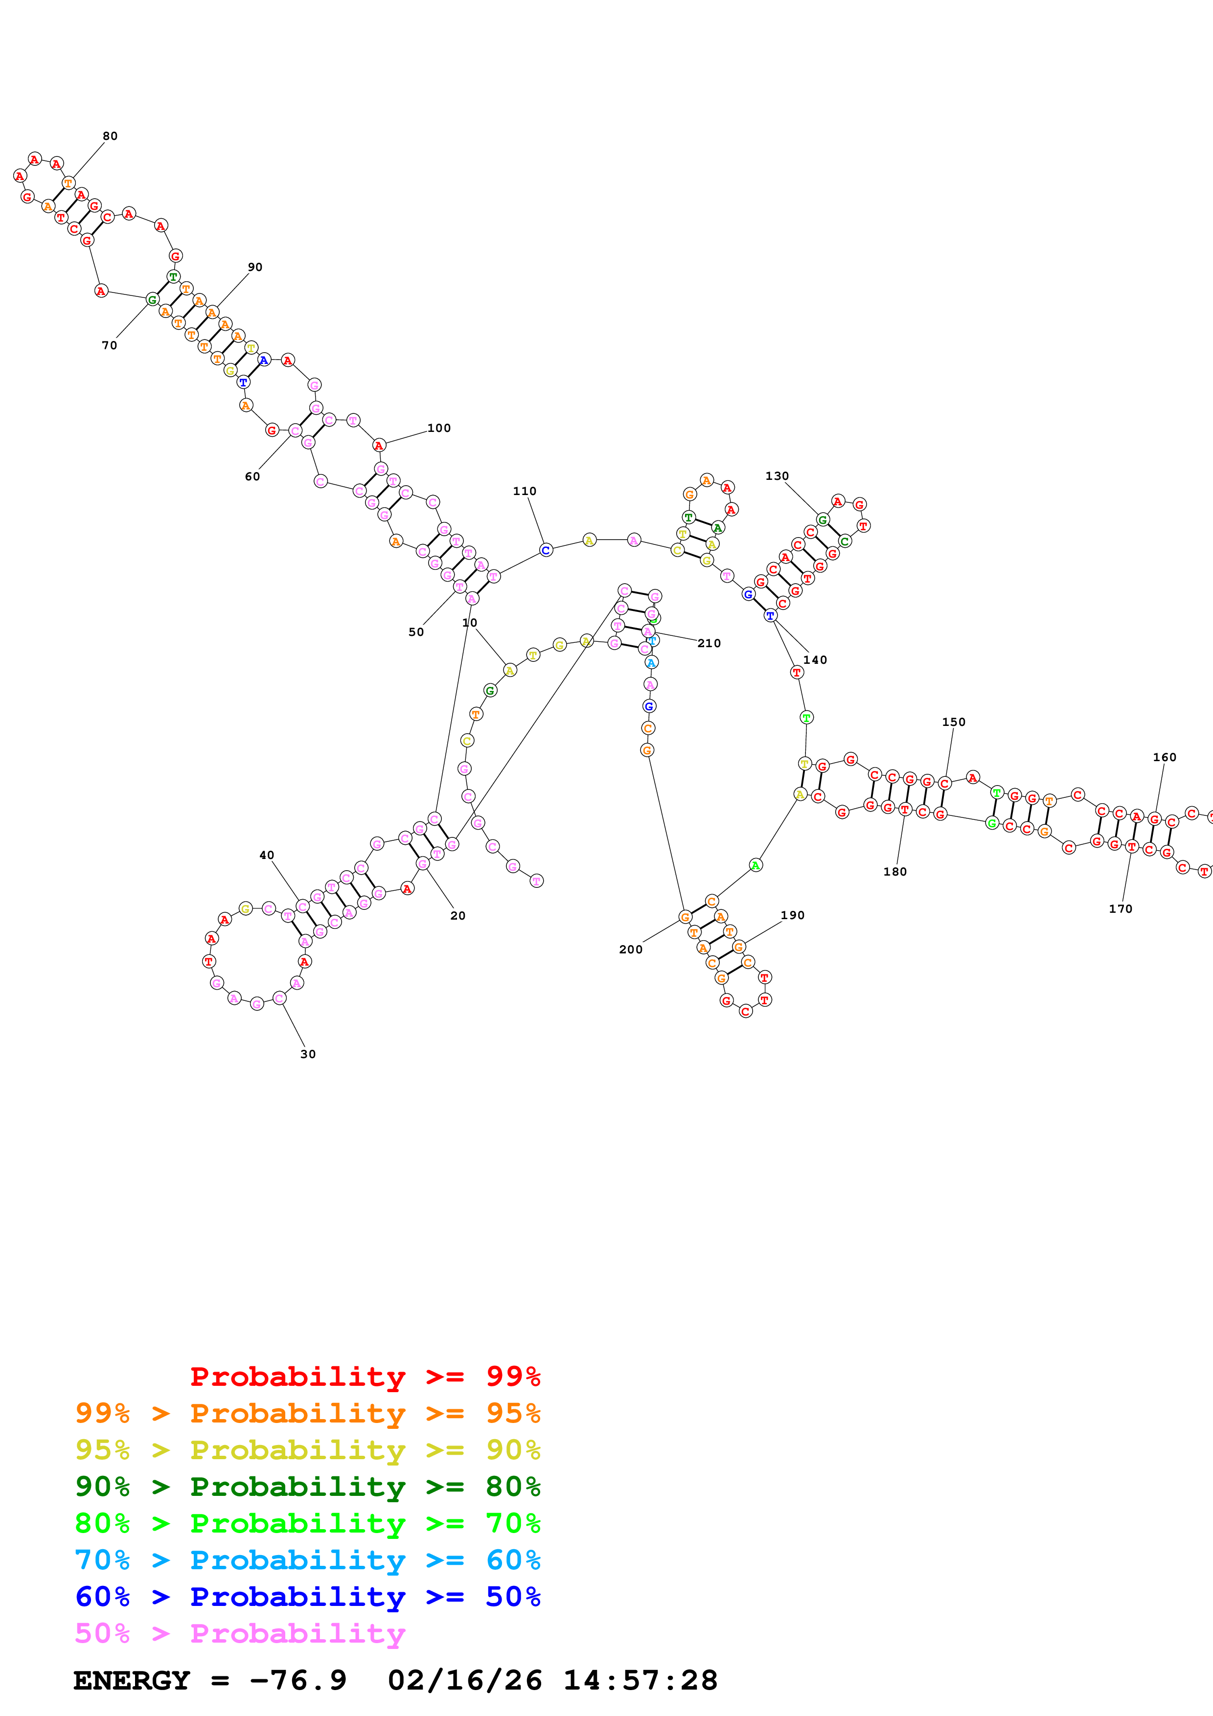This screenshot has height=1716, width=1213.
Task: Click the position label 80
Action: (110, 136)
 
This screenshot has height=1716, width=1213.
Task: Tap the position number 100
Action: (439, 428)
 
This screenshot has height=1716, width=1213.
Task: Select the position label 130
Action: (777, 476)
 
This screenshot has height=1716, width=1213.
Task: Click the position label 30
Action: (308, 1054)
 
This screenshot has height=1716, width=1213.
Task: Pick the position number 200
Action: (630, 949)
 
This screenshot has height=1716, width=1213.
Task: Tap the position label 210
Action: (709, 644)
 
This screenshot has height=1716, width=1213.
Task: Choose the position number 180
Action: (894, 872)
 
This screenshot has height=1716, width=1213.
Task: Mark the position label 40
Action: (266, 855)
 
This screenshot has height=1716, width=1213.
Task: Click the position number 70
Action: (109, 345)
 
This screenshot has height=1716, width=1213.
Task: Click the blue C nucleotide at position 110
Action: (546, 550)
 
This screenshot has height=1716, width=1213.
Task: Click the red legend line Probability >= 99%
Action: (365, 1377)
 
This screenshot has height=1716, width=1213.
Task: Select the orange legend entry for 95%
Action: (307, 1413)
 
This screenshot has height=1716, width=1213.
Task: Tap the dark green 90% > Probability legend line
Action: (307, 1487)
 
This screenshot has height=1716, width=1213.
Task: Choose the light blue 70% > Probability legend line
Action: (307, 1560)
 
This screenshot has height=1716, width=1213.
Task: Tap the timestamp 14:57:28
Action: (640, 1680)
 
